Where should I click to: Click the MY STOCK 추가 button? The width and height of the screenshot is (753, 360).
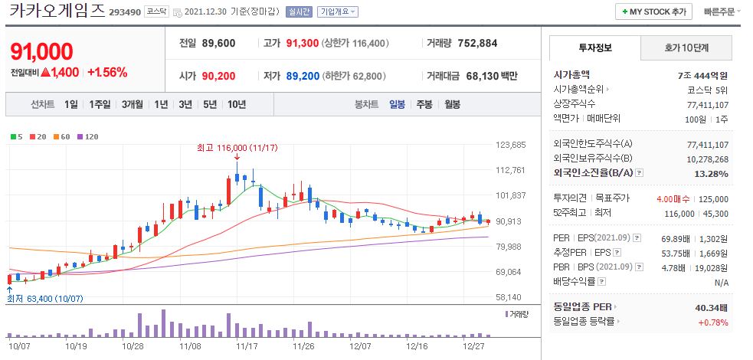pos(653,11)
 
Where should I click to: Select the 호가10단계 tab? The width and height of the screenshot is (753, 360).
pos(686,47)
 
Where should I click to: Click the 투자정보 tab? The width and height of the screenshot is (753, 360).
pos(594,47)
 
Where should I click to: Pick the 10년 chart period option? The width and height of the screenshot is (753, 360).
pos(236,104)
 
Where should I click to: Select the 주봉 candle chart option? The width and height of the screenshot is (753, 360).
pos(424,104)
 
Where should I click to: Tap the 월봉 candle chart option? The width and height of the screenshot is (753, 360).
pos(452,104)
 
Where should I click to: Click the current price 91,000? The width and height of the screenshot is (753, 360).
pos(42,51)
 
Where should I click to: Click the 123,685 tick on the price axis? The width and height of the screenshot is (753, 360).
pos(511,145)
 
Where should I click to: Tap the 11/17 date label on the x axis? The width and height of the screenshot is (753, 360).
pos(247,345)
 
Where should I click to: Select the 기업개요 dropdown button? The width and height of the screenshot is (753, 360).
pos(337,12)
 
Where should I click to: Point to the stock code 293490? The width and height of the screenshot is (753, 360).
pos(125,13)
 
